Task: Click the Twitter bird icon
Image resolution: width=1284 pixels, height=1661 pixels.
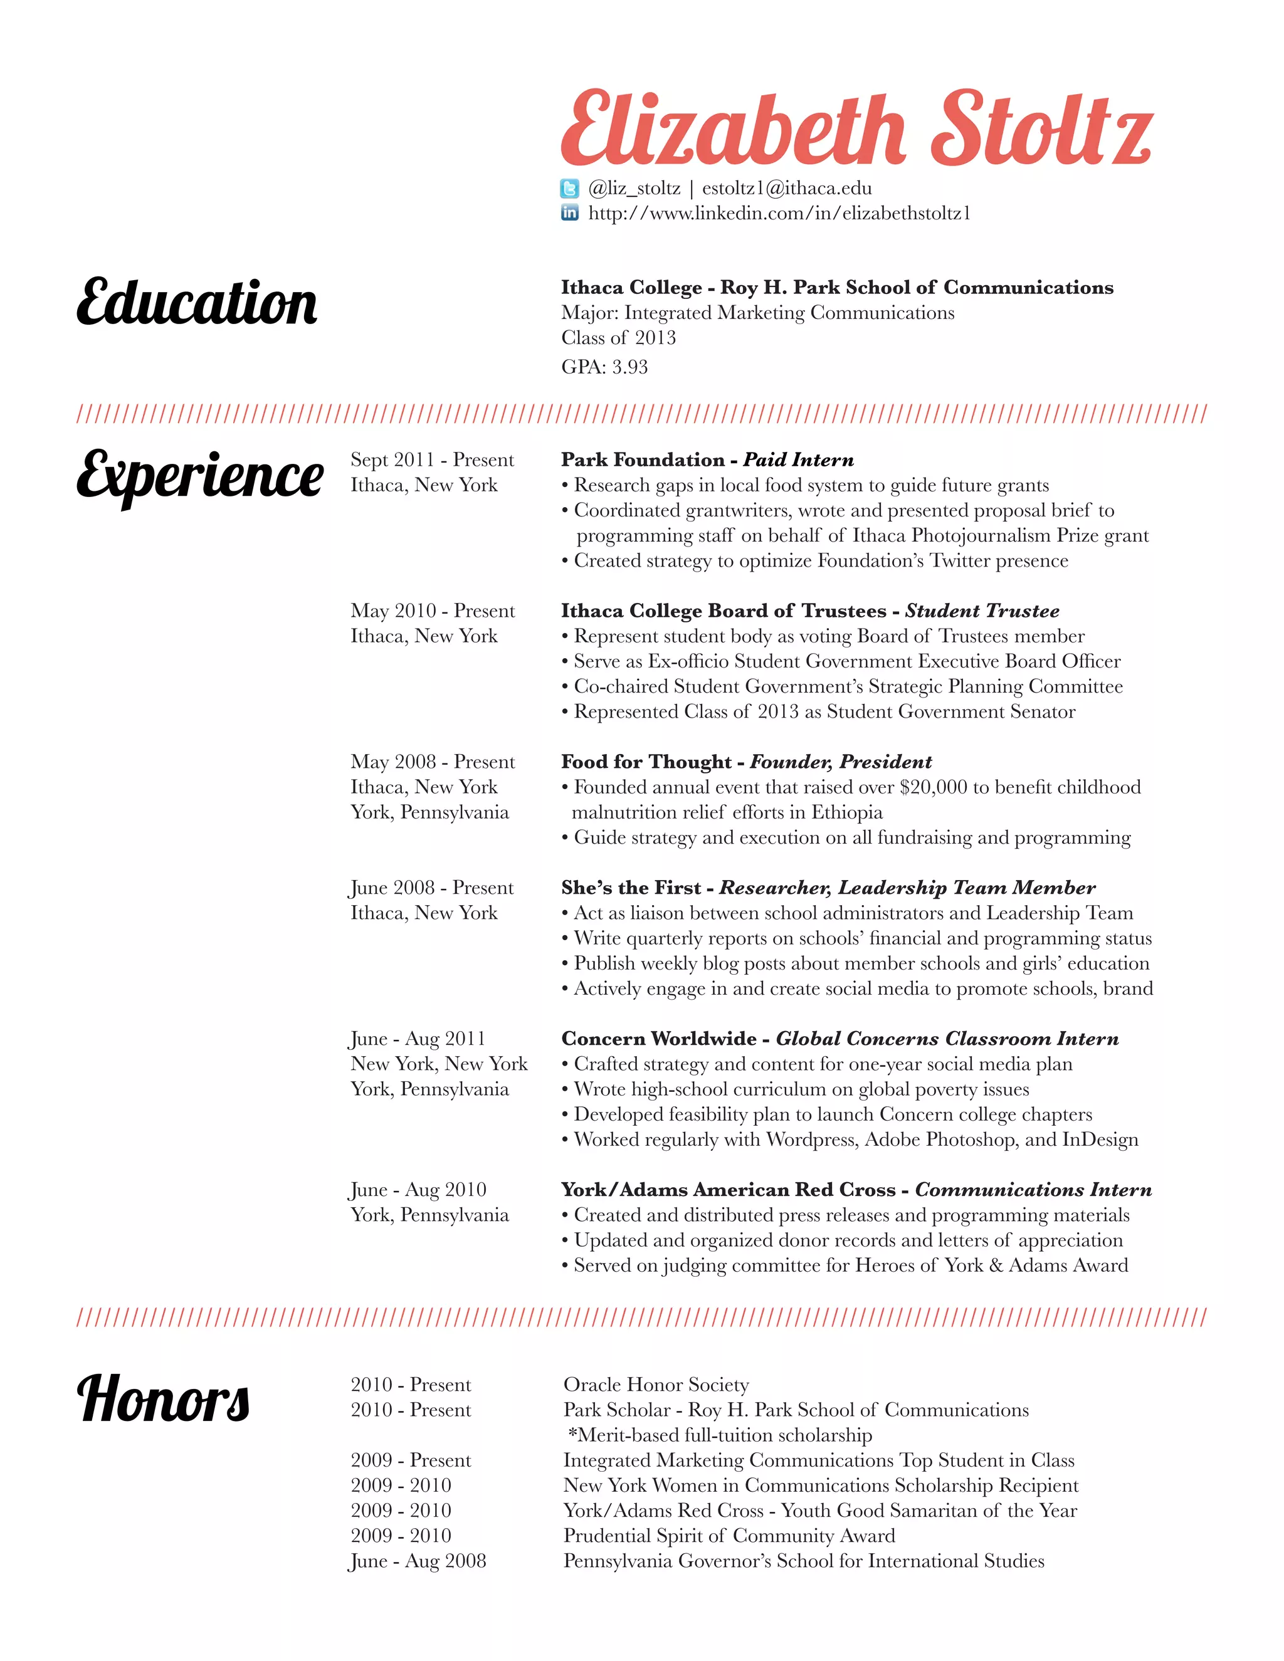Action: tap(570, 188)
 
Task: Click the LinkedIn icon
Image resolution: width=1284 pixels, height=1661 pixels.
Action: tap(570, 213)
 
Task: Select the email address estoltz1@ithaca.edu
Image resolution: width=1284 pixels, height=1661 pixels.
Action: tap(787, 188)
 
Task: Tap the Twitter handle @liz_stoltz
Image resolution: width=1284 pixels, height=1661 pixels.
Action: tap(634, 188)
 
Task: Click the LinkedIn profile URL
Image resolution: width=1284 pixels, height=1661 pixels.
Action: tap(779, 213)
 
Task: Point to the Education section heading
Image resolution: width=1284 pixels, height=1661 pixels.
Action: tap(196, 303)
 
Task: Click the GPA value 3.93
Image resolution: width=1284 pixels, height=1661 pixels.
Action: tap(630, 367)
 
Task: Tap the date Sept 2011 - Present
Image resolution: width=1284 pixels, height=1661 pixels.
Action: tap(432, 460)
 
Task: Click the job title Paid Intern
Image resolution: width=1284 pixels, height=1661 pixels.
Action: tap(798, 460)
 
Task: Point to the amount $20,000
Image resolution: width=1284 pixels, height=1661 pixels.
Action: tap(932, 787)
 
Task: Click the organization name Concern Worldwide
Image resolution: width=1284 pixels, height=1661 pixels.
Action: tap(659, 1039)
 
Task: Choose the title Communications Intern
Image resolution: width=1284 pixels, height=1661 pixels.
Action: tap(1033, 1190)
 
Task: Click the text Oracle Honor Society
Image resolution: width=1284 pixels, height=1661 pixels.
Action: tap(656, 1384)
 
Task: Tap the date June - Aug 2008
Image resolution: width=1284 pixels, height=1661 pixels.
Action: tap(418, 1561)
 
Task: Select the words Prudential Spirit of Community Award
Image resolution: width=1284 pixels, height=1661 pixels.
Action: tap(729, 1536)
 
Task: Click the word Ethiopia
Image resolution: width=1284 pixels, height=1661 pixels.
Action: tap(846, 812)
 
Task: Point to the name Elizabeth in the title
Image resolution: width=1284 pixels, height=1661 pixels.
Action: tap(732, 129)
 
